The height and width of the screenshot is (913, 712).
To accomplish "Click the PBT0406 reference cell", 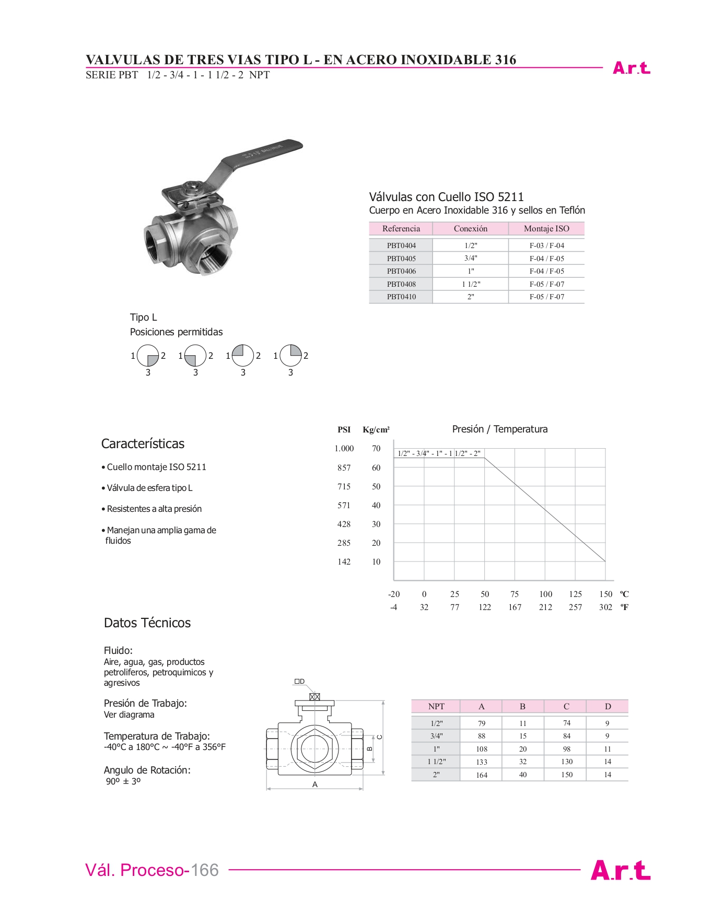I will tap(401, 271).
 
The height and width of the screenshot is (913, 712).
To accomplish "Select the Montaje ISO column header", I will tap(546, 228).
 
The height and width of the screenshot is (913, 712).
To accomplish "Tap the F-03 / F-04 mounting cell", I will tap(546, 245).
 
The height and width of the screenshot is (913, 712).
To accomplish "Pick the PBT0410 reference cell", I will tap(401, 297).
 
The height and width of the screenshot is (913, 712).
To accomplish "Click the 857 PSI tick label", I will tap(344, 468).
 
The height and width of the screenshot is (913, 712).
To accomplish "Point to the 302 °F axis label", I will tap(605, 607).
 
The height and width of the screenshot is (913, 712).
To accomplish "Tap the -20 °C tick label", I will tap(394, 594).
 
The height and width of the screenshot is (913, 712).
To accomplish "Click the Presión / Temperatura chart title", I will tap(500, 429).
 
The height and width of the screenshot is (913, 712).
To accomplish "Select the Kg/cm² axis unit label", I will tap(376, 430).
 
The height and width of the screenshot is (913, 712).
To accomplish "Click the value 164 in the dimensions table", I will tap(482, 775).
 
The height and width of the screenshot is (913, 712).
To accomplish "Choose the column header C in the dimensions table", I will tap(566, 707).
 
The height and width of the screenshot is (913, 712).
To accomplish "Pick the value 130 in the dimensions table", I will tap(567, 762).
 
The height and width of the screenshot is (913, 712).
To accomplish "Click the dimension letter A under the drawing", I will tap(315, 785).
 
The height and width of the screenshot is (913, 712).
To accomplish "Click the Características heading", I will tap(143, 444).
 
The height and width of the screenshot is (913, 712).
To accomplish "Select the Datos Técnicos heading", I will tap(147, 623).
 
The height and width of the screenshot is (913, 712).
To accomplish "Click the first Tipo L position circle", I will tap(148, 356).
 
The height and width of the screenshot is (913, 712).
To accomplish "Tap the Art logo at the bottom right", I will tap(621, 871).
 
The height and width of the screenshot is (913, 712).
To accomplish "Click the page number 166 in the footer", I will tap(205, 870).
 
